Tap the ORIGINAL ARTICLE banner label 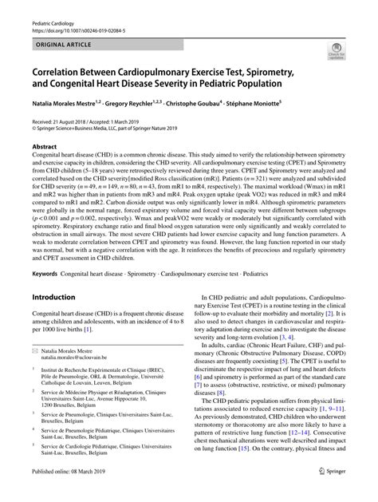click(x=61, y=35)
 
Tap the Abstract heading click(x=45, y=147)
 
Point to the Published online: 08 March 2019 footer click(x=70, y=493)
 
